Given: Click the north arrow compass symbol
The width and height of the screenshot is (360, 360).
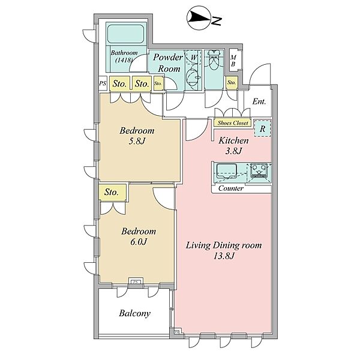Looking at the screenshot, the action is click(199, 17).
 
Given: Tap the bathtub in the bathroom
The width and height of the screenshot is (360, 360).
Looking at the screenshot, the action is click(126, 34).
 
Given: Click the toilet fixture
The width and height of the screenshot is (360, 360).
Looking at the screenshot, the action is click(214, 60).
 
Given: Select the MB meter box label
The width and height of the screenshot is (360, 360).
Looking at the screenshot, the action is click(233, 61).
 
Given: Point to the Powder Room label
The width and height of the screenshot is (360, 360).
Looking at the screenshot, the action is click(168, 62).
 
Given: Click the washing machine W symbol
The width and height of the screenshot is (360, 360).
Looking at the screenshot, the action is click(193, 57).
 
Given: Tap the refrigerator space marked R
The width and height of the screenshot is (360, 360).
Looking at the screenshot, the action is click(262, 128).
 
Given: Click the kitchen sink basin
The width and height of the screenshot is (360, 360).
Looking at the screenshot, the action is click(227, 170).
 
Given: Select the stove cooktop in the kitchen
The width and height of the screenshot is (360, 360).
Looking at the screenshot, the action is click(259, 170).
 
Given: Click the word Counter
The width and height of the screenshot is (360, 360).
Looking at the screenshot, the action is click(231, 188).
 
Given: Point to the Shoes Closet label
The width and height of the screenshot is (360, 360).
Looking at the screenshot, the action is click(233, 123).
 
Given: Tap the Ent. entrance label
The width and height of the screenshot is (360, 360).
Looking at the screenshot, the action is click(259, 101).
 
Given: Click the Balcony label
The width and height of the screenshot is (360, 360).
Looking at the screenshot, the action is click(135, 313).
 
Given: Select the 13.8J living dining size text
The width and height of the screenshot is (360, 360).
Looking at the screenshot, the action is click(224, 256).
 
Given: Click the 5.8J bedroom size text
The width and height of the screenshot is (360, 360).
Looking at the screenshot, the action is click(137, 141).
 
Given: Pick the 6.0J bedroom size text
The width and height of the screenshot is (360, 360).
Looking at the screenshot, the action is click(139, 242).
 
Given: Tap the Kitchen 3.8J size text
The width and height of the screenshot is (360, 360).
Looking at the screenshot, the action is click(233, 151).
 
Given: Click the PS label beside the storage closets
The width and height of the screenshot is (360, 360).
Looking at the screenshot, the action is click(103, 83).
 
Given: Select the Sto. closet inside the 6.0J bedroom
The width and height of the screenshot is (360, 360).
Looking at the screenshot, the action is click(113, 192).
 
